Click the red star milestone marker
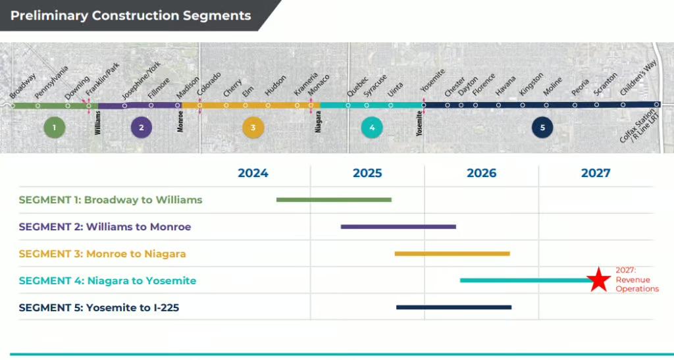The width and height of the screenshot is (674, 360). [598, 280]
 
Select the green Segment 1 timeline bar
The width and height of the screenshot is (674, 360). [334, 199]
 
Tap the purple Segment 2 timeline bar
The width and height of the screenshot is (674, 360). [398, 226]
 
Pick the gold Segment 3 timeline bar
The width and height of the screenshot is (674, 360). [452, 253]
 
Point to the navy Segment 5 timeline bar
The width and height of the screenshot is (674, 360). [454, 307]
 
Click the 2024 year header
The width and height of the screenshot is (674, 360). [253, 173]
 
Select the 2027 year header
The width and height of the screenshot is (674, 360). [595, 173]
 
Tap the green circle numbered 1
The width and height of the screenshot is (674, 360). [55, 127]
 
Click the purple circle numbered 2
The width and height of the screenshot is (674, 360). [142, 127]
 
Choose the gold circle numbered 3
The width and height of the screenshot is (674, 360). [253, 127]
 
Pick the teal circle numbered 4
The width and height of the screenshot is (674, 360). [372, 127]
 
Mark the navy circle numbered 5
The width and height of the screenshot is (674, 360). [542, 127]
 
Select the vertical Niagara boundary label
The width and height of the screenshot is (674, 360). [318, 122]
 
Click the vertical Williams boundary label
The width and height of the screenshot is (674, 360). [97, 122]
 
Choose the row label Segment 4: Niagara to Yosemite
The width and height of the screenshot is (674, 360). [107, 280]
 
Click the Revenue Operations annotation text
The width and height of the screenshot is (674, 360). [636, 284]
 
